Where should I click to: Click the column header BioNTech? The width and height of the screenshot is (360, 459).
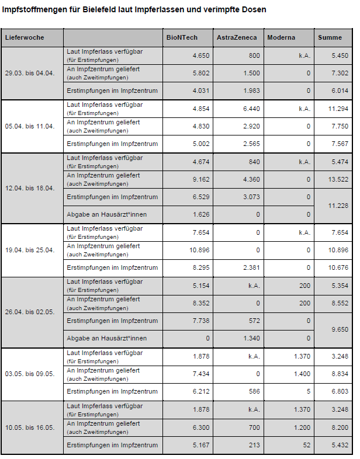coord(182,37)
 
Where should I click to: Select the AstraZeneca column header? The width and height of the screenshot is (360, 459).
coord(237,37)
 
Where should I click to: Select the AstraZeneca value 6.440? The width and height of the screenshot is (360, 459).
coord(250,109)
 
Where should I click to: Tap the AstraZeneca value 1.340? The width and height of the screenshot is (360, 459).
coord(250,338)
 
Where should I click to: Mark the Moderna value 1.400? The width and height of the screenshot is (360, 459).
coord(300,374)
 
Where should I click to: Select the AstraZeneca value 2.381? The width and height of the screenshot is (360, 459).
coord(250,267)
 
